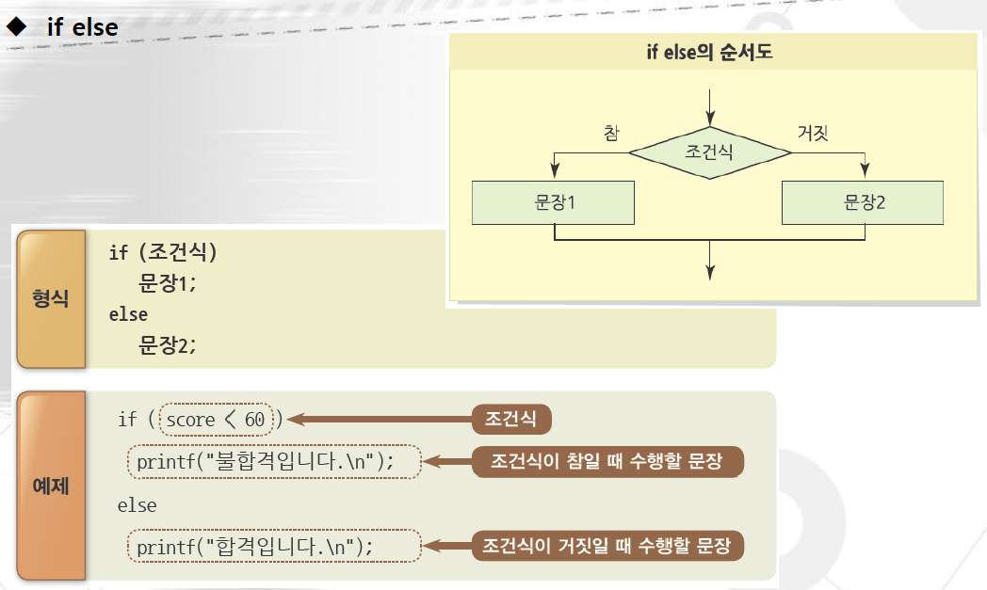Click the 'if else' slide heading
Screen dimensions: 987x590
(83, 26)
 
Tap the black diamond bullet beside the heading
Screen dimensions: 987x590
(16, 25)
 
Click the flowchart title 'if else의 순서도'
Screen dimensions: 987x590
(708, 53)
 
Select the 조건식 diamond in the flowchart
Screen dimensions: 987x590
(709, 151)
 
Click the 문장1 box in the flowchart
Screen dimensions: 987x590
(554, 202)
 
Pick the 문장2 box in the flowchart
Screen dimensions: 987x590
(864, 202)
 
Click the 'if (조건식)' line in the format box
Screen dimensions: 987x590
(163, 252)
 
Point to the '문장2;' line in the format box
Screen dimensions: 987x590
(168, 344)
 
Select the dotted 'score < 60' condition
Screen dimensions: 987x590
(216, 420)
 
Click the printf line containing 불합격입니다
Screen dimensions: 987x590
(273, 461)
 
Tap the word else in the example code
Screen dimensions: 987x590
(138, 505)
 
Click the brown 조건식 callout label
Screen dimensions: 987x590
(510, 419)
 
